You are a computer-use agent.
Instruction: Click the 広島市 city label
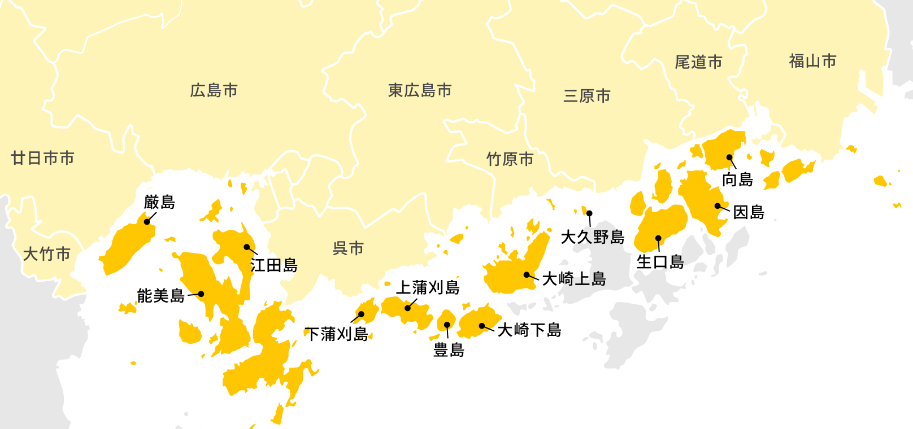click(x=214, y=90)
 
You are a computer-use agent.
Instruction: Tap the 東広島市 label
click(x=420, y=90)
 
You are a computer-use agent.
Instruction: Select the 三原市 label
click(x=587, y=96)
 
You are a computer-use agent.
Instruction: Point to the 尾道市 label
click(x=699, y=62)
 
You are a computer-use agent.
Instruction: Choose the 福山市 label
click(x=812, y=61)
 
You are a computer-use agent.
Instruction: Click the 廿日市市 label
click(x=43, y=158)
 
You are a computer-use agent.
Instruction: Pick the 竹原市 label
click(x=510, y=159)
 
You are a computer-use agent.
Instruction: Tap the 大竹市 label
click(x=47, y=254)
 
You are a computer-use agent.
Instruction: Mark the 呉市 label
click(x=348, y=248)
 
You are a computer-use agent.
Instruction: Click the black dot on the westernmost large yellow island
click(x=147, y=222)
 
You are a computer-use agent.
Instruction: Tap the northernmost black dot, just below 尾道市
click(x=729, y=157)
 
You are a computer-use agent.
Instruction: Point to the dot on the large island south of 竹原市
click(x=527, y=275)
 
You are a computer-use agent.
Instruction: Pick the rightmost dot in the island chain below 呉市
click(x=482, y=326)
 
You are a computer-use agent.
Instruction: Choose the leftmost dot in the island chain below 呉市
click(x=362, y=314)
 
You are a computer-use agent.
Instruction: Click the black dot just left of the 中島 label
click(x=247, y=247)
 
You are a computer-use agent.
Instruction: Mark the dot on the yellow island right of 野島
click(x=658, y=238)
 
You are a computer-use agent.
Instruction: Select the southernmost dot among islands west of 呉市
click(x=201, y=294)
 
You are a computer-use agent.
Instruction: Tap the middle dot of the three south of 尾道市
click(x=718, y=206)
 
